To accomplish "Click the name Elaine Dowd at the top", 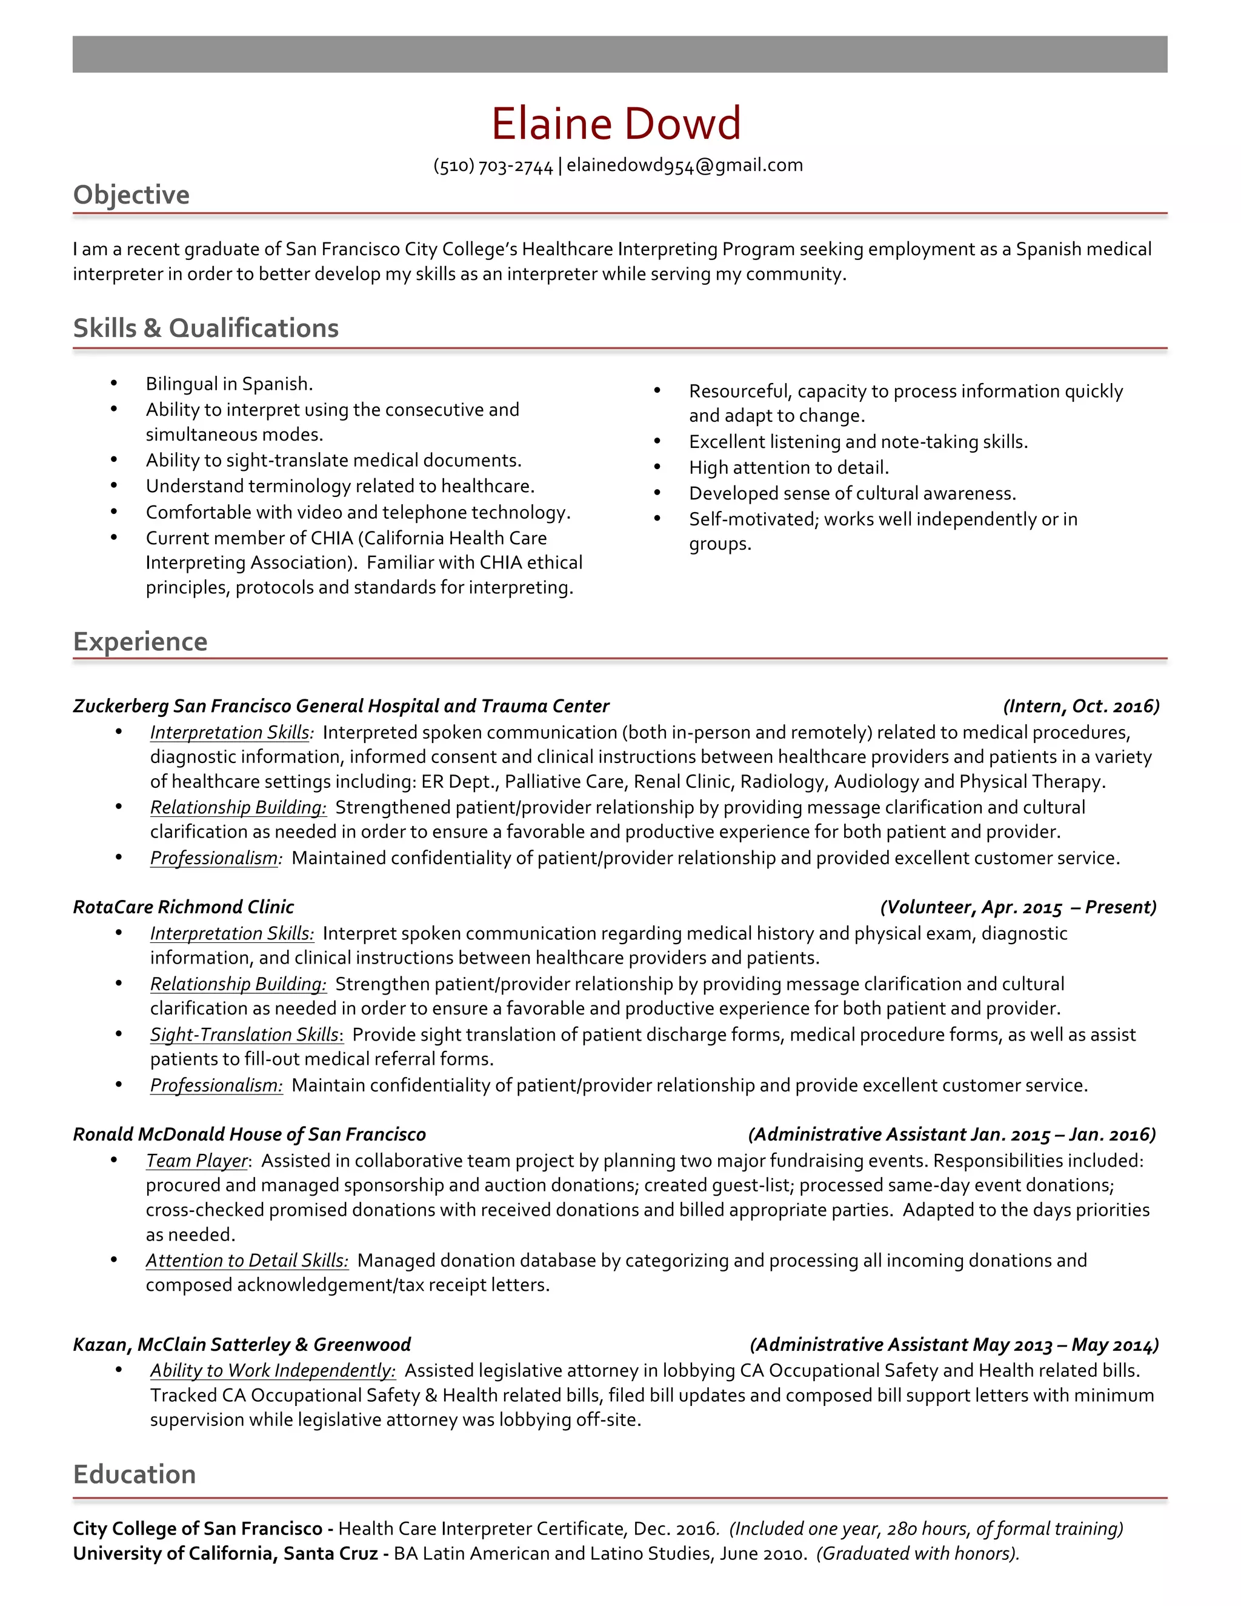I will tap(616, 124).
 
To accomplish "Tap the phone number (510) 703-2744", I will tap(493, 166).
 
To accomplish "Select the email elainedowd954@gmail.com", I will tap(685, 165).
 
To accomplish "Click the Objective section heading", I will tap(131, 195).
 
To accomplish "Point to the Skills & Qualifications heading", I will tap(206, 328).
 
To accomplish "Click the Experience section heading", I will tap(141, 641).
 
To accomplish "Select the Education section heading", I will tap(135, 1474).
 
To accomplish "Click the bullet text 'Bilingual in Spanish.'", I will tap(228, 384).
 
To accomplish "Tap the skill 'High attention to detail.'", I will tap(789, 468).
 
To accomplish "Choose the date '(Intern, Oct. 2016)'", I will tap(1081, 706).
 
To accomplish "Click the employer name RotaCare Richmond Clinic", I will tap(183, 907).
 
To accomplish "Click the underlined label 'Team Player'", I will tap(197, 1161).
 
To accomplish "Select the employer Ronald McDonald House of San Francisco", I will tap(249, 1134).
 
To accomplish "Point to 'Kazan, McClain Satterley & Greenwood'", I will tap(242, 1344).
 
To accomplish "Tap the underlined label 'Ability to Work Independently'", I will tap(272, 1370).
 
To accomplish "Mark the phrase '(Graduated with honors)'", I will tap(917, 1553).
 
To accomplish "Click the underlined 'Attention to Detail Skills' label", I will tap(246, 1261).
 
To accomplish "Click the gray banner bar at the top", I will tap(620, 55).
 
